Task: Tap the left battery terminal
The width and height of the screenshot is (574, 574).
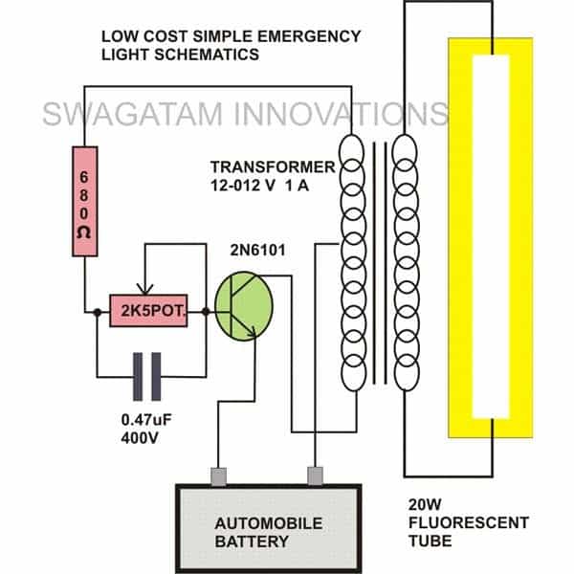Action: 217,475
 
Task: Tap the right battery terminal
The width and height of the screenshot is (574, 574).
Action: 315,475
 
